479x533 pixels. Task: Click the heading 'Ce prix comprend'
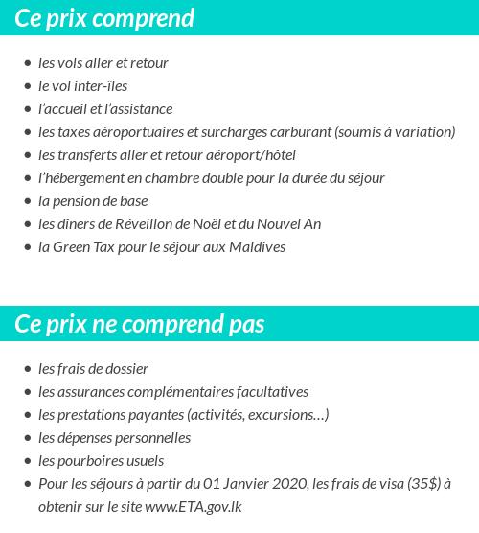click(104, 18)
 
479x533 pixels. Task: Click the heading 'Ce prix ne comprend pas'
click(140, 324)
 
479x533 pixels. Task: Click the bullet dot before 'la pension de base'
click(27, 201)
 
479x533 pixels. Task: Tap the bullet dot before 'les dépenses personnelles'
click(27, 438)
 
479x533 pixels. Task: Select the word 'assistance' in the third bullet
click(143, 109)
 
